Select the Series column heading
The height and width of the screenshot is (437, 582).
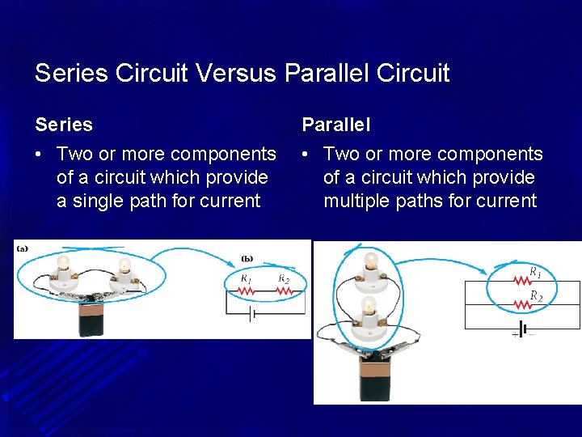tap(64, 125)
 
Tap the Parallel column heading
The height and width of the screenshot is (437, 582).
tap(336, 125)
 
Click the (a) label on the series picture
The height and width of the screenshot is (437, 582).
tap(23, 249)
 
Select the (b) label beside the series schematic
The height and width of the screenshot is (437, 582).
tap(247, 259)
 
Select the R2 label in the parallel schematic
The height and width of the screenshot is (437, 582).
tap(536, 297)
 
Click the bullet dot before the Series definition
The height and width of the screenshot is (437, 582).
tap(40, 154)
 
